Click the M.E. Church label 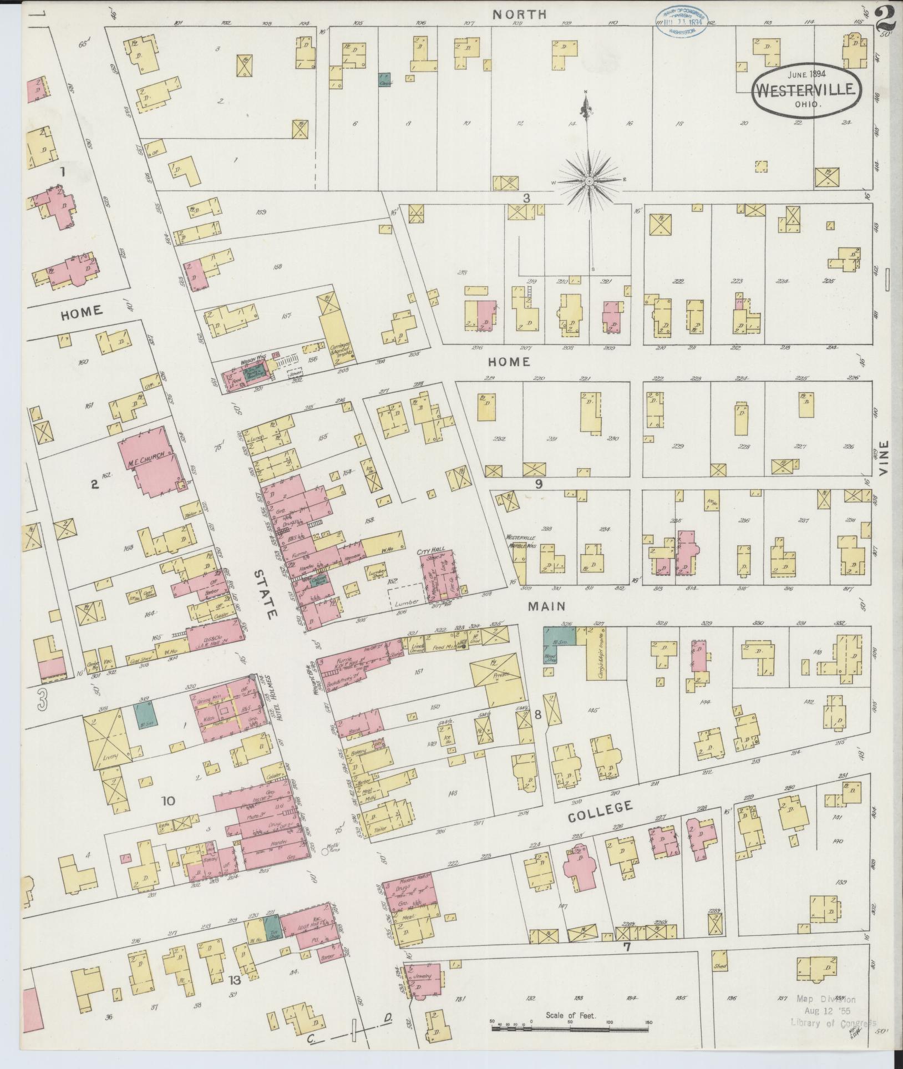click(149, 461)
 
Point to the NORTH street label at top click(512, 14)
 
